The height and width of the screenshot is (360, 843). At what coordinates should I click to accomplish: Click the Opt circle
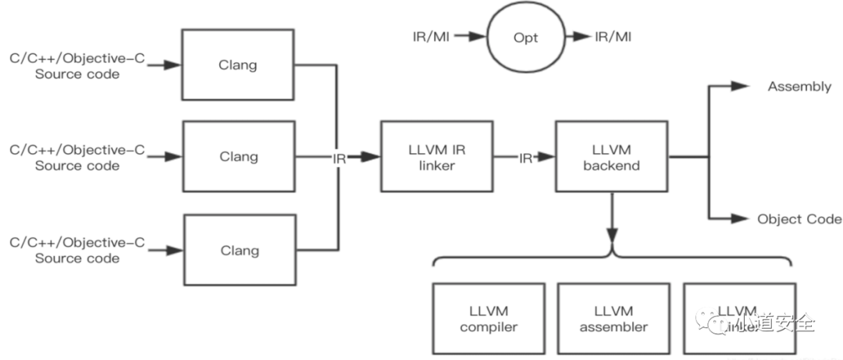[x=525, y=37]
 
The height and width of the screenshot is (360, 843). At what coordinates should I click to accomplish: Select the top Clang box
[x=238, y=64]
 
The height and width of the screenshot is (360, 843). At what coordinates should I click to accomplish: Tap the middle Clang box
[x=238, y=156]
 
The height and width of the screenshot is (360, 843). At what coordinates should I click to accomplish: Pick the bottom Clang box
[x=238, y=250]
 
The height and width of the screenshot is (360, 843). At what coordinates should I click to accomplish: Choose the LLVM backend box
[x=611, y=156]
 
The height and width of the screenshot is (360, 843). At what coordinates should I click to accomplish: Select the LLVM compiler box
[x=489, y=319]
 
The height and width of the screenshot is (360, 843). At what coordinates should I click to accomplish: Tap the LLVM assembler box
[x=614, y=319]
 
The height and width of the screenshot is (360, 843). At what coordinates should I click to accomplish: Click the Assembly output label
[x=799, y=87]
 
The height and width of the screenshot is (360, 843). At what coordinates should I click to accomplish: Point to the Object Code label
[x=799, y=219]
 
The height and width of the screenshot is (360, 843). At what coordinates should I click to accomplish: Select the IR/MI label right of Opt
[x=614, y=36]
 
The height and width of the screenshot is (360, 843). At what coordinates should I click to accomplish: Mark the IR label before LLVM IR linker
[x=339, y=157]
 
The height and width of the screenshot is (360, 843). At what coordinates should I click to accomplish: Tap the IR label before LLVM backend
[x=526, y=157]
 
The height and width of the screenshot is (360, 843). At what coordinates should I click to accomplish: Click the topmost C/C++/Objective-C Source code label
[x=77, y=66]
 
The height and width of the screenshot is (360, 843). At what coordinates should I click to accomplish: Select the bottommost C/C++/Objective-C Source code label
[x=77, y=251]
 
